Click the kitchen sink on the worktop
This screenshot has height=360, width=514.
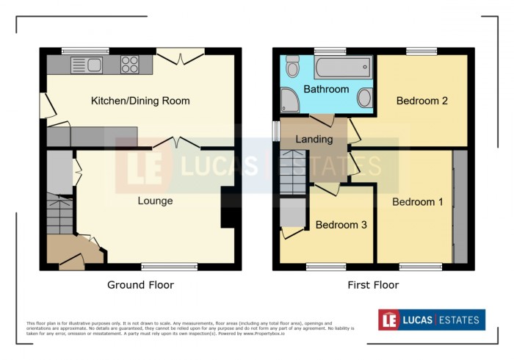click(87, 65)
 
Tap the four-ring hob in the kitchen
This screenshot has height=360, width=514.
click(130, 65)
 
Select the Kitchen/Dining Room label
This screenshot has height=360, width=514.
click(140, 101)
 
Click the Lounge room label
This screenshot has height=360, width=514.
click(155, 201)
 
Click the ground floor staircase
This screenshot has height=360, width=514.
click(59, 214)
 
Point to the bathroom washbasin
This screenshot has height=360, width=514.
click(363, 98)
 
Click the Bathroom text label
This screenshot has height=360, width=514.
click(327, 89)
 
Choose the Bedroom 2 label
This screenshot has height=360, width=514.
click(422, 101)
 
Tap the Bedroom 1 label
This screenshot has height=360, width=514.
click(417, 202)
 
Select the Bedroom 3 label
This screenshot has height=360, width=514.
click(341, 225)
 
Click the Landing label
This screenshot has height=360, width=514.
click(314, 139)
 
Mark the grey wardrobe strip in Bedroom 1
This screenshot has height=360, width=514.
click(460, 206)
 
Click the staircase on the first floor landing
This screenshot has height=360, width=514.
click(292, 172)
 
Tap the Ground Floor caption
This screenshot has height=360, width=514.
click(140, 284)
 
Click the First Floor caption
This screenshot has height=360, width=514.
click(374, 284)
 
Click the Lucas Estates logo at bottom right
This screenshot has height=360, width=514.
click(431, 320)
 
